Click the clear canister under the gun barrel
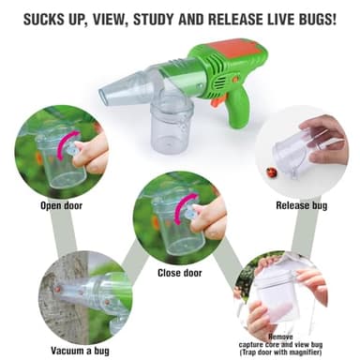coord(172,117)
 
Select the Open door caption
coord(61,204)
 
